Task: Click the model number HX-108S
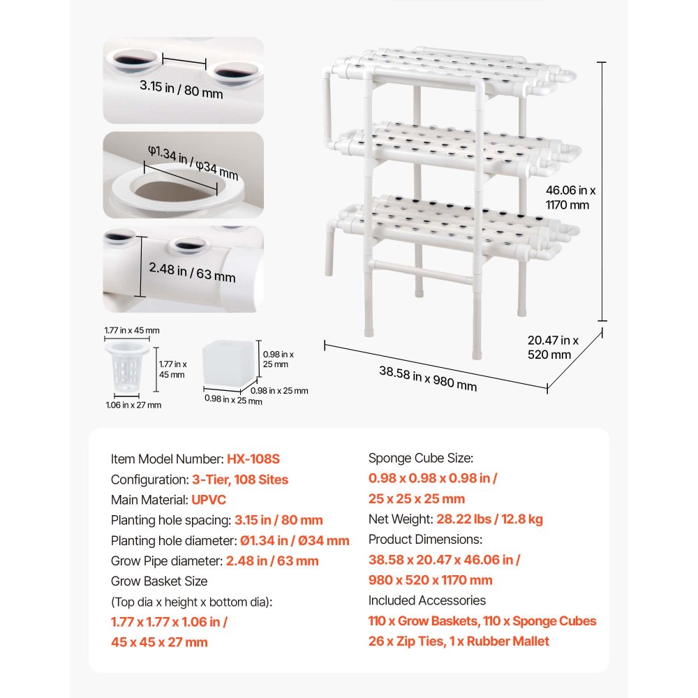[253, 459]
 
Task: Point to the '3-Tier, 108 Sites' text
[239, 480]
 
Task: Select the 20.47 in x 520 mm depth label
[552, 347]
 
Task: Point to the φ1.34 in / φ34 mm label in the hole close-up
[193, 163]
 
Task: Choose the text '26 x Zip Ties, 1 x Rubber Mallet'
[459, 641]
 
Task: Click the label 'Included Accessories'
[426, 600]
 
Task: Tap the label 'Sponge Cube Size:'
[420, 459]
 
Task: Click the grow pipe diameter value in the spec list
[272, 560]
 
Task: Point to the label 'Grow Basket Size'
[159, 581]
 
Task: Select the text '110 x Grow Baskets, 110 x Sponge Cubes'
[482, 621]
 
